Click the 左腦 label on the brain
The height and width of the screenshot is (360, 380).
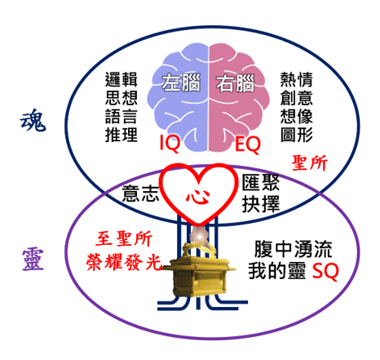(x=181, y=82)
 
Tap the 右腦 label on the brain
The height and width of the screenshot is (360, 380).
(x=236, y=83)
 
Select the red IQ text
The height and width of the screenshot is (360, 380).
(x=170, y=144)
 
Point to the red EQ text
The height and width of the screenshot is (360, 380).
(x=248, y=145)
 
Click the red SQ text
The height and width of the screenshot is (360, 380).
(x=325, y=271)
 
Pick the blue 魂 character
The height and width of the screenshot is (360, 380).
(x=33, y=120)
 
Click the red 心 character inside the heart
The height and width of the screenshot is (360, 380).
(x=198, y=196)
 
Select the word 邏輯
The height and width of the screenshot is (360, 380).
(x=122, y=79)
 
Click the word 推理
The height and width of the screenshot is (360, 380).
(x=122, y=135)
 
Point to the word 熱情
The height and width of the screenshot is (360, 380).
(x=297, y=79)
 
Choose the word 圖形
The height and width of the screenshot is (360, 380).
(x=297, y=135)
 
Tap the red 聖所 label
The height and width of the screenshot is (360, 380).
(x=310, y=163)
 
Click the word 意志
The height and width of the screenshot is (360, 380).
(x=140, y=193)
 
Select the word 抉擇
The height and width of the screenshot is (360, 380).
(x=261, y=204)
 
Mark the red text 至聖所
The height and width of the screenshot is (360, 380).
(x=124, y=239)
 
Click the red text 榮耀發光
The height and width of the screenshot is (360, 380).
(x=124, y=262)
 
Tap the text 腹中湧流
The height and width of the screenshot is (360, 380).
(x=293, y=249)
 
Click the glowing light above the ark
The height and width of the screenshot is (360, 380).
(x=200, y=236)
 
